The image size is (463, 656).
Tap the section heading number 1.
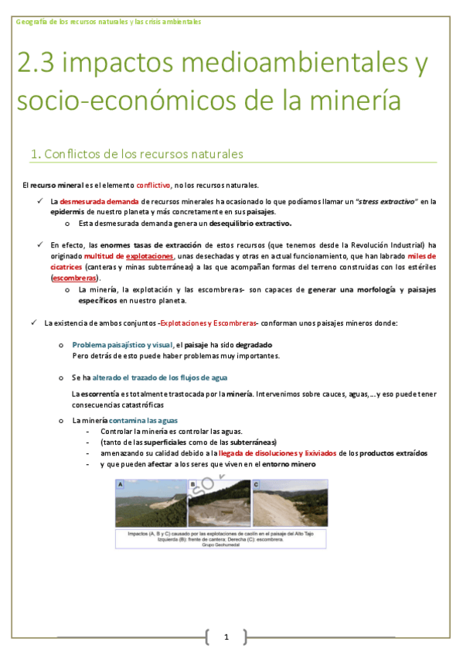pyautogui.click(x=34, y=154)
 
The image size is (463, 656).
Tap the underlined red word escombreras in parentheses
pyautogui.click(x=75, y=277)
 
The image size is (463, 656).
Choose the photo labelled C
pyautogui.click(x=288, y=504)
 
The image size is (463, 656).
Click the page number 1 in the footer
pyautogui.click(x=226, y=637)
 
